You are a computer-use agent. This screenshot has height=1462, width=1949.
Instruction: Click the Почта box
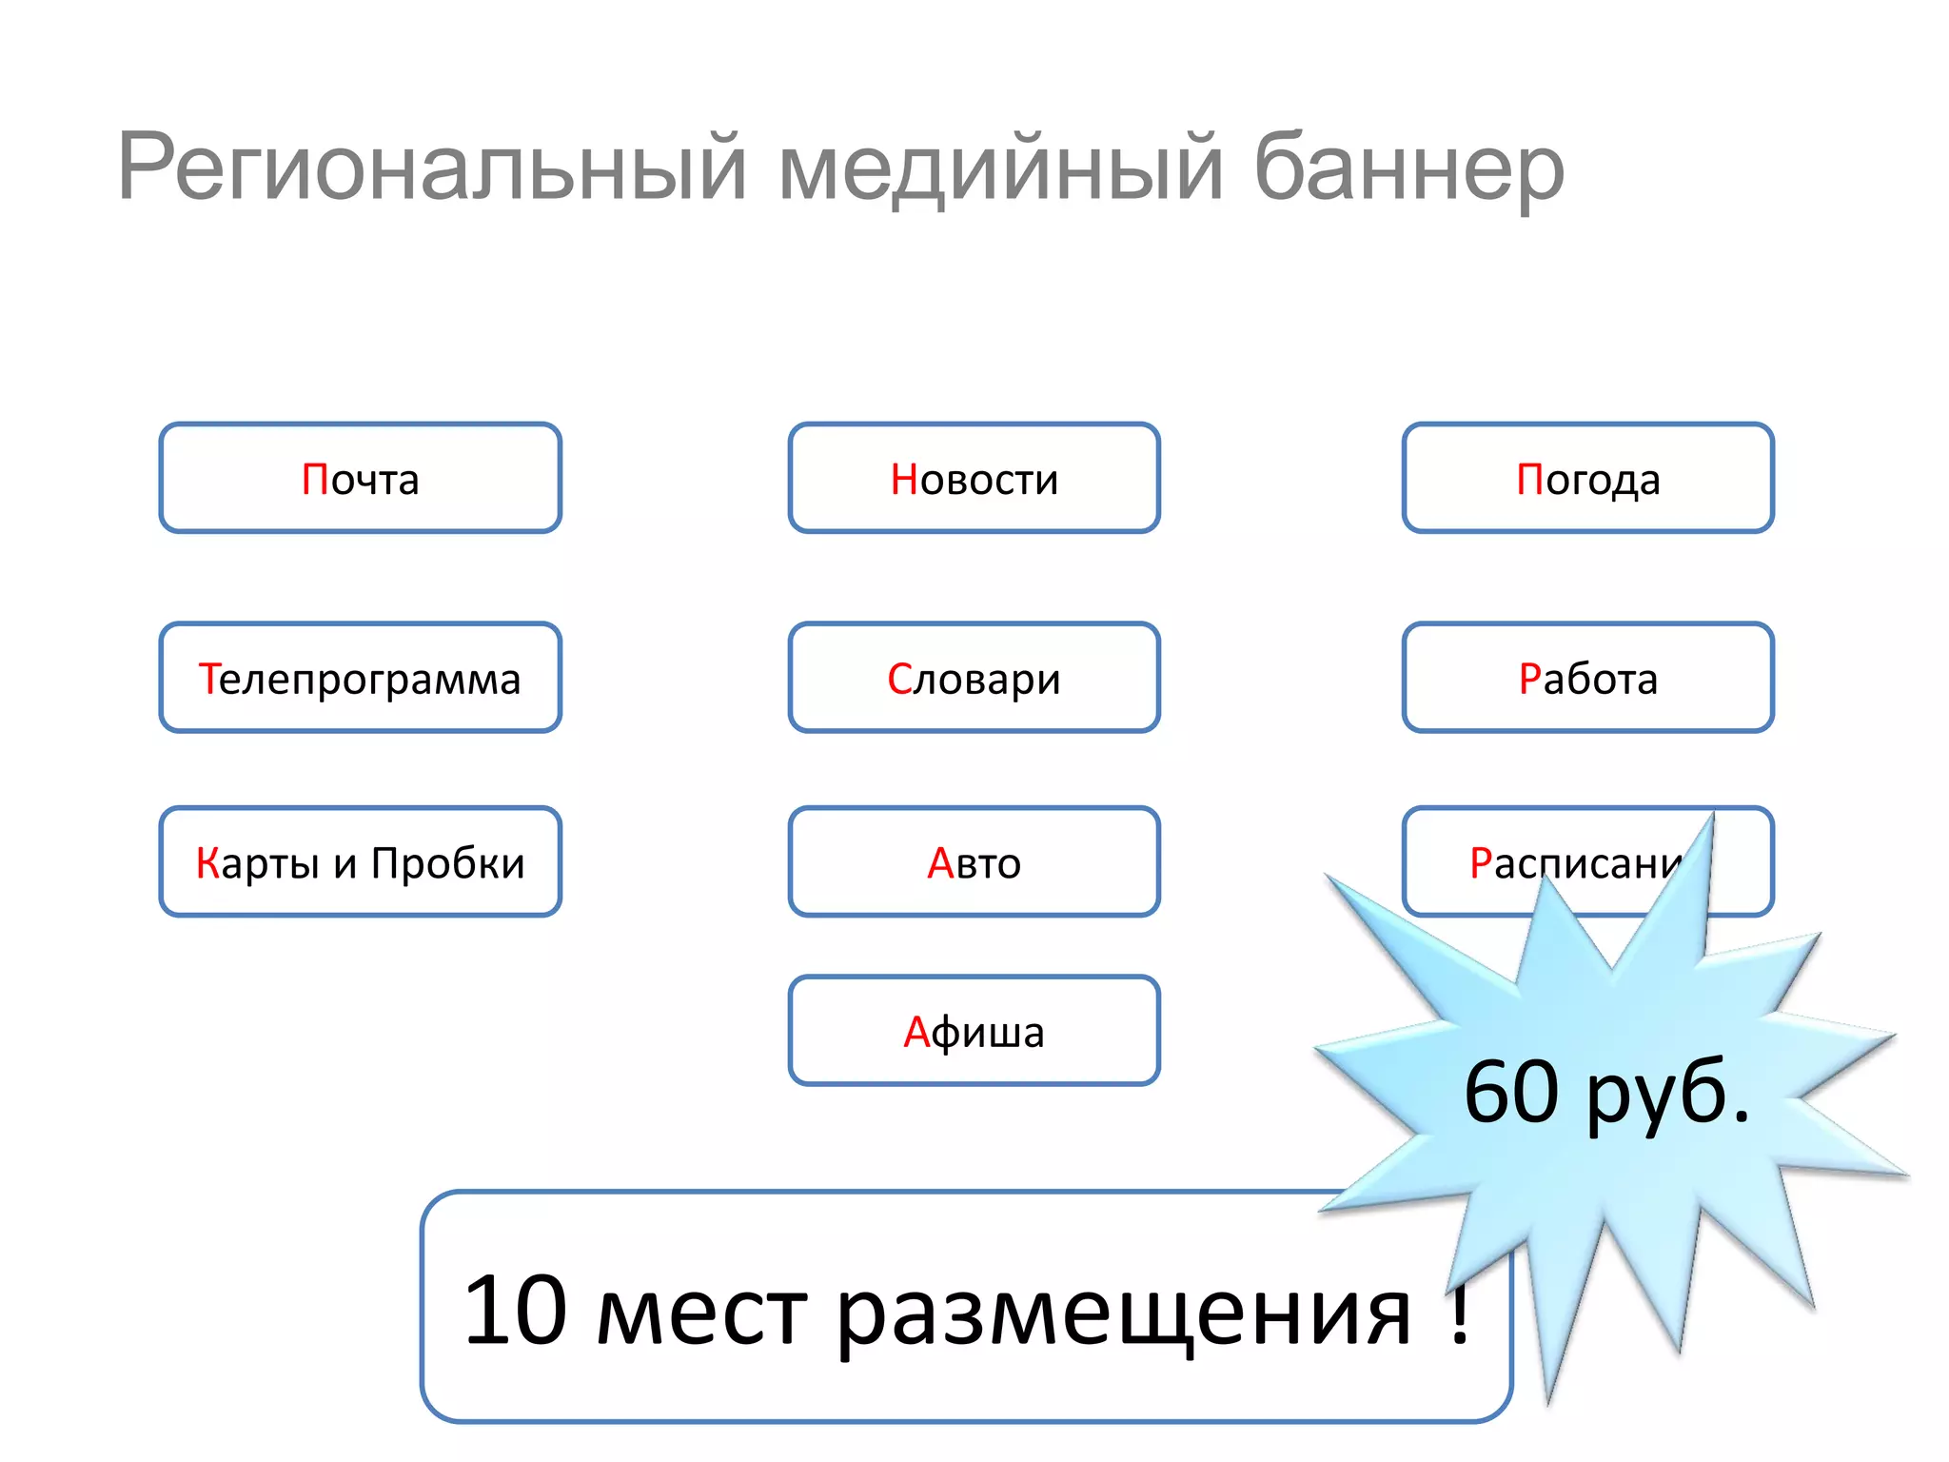360,478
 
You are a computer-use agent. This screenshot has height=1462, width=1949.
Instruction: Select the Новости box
974,478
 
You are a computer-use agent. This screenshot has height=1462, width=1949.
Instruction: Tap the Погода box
1587,478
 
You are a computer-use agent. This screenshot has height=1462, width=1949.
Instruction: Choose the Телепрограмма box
360,678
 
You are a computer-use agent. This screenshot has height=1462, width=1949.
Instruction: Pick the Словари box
974,678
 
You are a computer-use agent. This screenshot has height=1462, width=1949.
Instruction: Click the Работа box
1587,678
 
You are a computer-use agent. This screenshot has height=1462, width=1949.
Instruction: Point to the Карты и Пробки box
360,862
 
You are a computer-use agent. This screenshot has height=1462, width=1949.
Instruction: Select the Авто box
974,862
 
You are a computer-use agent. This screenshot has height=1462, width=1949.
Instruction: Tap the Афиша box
974,1031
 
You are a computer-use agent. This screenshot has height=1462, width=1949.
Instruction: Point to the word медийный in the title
999,168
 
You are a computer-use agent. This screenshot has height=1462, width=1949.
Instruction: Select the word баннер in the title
1408,168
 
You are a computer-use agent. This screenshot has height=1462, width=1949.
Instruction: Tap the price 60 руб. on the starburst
1606,1092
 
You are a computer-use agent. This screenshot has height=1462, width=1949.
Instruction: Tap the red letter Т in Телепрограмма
208,679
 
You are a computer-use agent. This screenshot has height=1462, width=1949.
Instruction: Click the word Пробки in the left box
447,862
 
